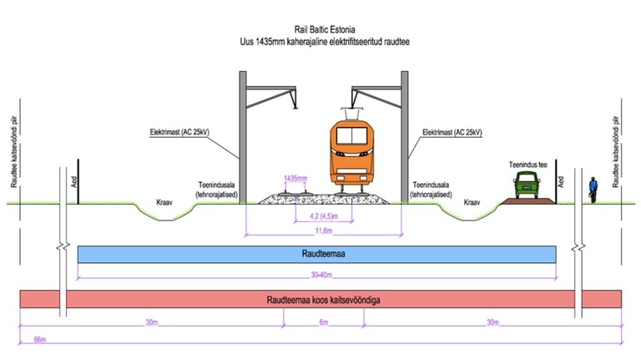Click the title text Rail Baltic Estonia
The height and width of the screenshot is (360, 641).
pyautogui.click(x=321, y=28)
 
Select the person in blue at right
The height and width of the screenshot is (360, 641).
pyautogui.click(x=592, y=190)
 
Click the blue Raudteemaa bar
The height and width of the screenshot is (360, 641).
pyautogui.click(x=316, y=254)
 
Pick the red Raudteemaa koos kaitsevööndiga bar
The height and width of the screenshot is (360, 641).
pyautogui.click(x=321, y=299)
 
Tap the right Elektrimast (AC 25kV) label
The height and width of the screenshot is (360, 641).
pyautogui.click(x=452, y=132)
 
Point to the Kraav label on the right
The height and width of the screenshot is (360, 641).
pyautogui.click(x=473, y=203)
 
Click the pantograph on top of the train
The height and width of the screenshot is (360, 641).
pyautogui.click(x=351, y=112)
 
